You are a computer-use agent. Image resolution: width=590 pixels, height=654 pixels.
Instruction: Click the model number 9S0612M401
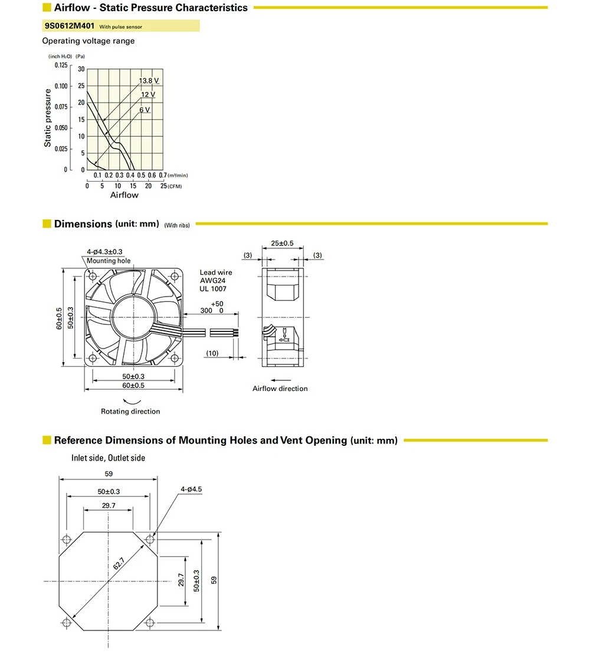pos(70,26)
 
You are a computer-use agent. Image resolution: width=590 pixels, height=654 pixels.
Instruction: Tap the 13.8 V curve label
pos(149,80)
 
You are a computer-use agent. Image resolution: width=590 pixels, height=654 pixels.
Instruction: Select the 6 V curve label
pos(145,110)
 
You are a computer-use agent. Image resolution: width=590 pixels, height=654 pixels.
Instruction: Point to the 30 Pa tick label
pos(81,70)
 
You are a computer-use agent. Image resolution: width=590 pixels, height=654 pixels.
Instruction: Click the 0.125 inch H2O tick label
pos(61,65)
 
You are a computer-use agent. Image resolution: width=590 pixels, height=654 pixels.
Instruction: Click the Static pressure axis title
pos(48,117)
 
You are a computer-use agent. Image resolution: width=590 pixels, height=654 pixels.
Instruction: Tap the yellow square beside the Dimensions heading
pos(47,224)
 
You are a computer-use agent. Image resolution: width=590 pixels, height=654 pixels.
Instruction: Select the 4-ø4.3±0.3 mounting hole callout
pos(104,252)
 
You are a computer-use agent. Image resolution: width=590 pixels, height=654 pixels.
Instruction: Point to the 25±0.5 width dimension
pos(282,243)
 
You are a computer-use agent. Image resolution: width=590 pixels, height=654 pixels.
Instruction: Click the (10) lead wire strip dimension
pos(212,353)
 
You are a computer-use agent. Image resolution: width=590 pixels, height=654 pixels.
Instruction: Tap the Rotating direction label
pos(130,411)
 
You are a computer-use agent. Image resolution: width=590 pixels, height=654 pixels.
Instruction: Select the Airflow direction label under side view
pos(280,389)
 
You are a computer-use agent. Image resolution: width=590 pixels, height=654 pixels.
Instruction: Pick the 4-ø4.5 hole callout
pos(192,489)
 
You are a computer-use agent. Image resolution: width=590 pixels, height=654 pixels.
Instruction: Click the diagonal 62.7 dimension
pos(120,564)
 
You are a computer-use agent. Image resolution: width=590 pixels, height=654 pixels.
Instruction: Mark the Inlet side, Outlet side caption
pos(108,458)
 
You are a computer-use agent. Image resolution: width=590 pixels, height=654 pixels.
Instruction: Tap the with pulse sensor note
pos(120,27)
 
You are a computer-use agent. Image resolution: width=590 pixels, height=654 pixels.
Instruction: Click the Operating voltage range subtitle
pos(88,41)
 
